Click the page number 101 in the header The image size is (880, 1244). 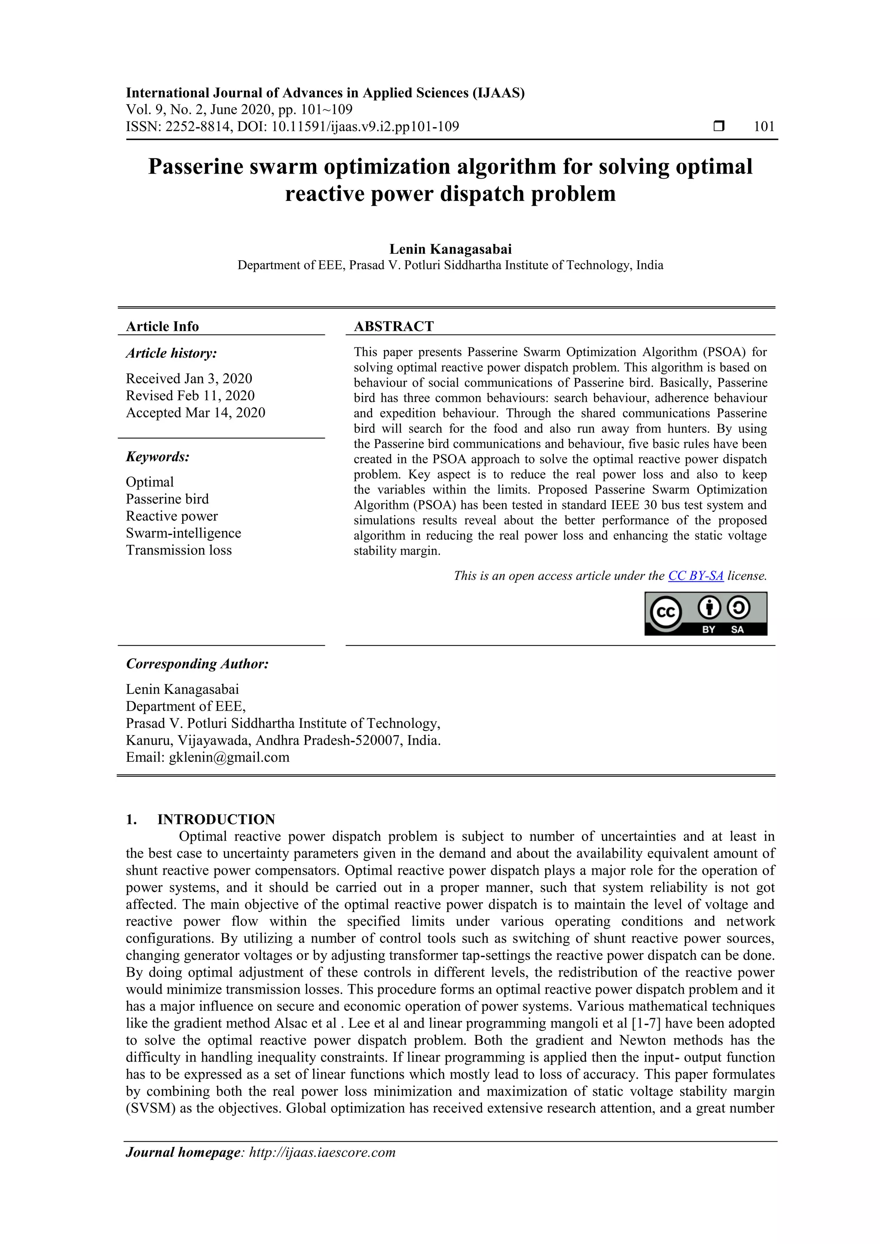[x=764, y=127]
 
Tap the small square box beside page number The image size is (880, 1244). [x=719, y=126]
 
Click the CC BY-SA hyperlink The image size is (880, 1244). [x=696, y=576]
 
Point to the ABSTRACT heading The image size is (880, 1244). [x=394, y=326]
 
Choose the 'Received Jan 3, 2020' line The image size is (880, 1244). [x=189, y=378]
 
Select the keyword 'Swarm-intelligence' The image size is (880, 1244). [x=183, y=533]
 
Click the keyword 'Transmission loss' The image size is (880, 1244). [x=178, y=550]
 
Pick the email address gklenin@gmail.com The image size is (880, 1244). [x=229, y=757]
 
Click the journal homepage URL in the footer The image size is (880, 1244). [x=322, y=1153]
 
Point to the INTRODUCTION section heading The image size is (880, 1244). [x=216, y=819]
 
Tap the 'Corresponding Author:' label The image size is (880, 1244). [x=197, y=664]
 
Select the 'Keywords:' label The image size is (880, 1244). [x=158, y=457]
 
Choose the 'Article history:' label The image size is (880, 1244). [x=171, y=353]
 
